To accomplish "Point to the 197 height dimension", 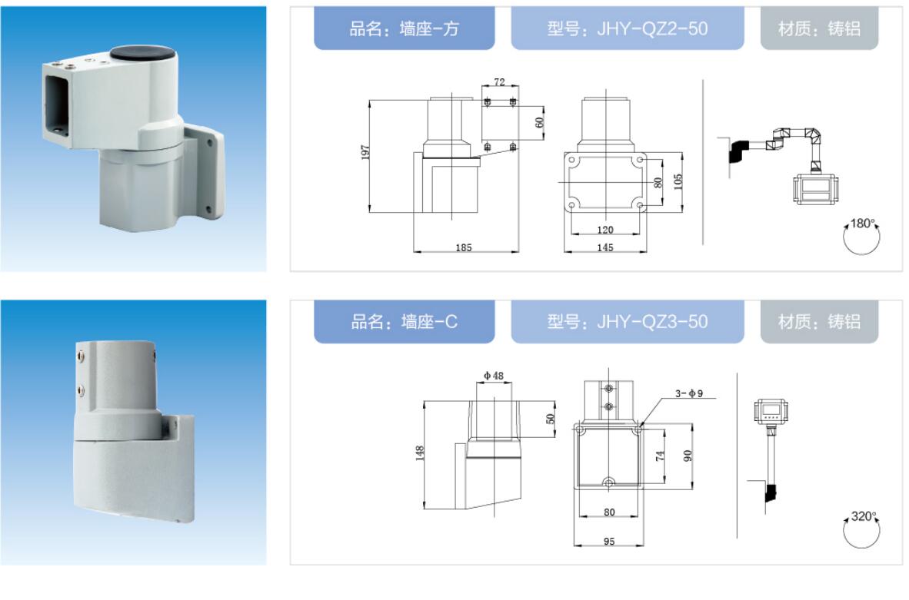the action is tap(365, 152).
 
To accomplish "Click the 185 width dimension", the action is tap(463, 247).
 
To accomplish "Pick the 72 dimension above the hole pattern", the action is tap(499, 82).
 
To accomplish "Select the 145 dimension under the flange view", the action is tap(604, 247).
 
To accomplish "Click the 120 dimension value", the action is tap(604, 230).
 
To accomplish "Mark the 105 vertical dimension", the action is tap(678, 182).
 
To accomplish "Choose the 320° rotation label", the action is tap(863, 516).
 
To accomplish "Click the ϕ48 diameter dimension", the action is tap(494, 376).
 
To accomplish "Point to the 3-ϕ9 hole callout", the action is tap(689, 393).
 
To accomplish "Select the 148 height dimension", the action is tap(420, 453).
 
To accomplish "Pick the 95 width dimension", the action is tap(609, 542).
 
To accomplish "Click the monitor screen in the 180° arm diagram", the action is tap(814, 187).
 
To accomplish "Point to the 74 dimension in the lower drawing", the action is tap(660, 456).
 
